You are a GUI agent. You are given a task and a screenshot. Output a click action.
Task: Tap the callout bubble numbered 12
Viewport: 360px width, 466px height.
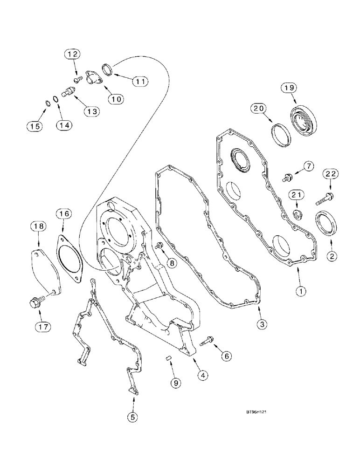pyautogui.click(x=72, y=55)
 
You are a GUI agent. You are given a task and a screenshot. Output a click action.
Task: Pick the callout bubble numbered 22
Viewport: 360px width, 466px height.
pyautogui.click(x=331, y=174)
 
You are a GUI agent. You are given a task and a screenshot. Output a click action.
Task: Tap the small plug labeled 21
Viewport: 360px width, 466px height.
pyautogui.click(x=296, y=215)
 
